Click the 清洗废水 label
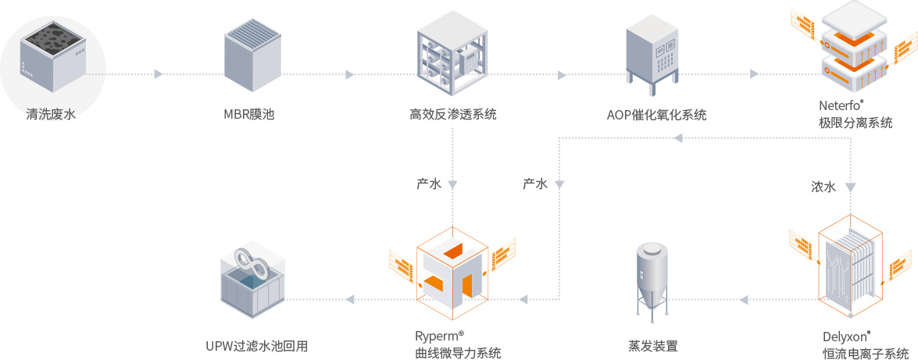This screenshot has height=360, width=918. (51, 115)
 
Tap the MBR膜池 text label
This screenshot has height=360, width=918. (249, 115)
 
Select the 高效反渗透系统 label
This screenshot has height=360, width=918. (453, 115)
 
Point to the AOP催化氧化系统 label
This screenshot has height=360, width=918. (656, 115)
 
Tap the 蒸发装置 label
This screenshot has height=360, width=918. (652, 345)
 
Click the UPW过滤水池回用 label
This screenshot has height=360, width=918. (256, 345)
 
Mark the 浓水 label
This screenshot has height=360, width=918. (823, 187)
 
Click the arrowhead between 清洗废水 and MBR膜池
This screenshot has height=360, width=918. (159, 74)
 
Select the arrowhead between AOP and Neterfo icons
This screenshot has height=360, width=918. (754, 74)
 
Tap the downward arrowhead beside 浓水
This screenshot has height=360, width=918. (850, 187)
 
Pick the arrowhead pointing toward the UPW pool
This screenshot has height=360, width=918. (351, 299)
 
